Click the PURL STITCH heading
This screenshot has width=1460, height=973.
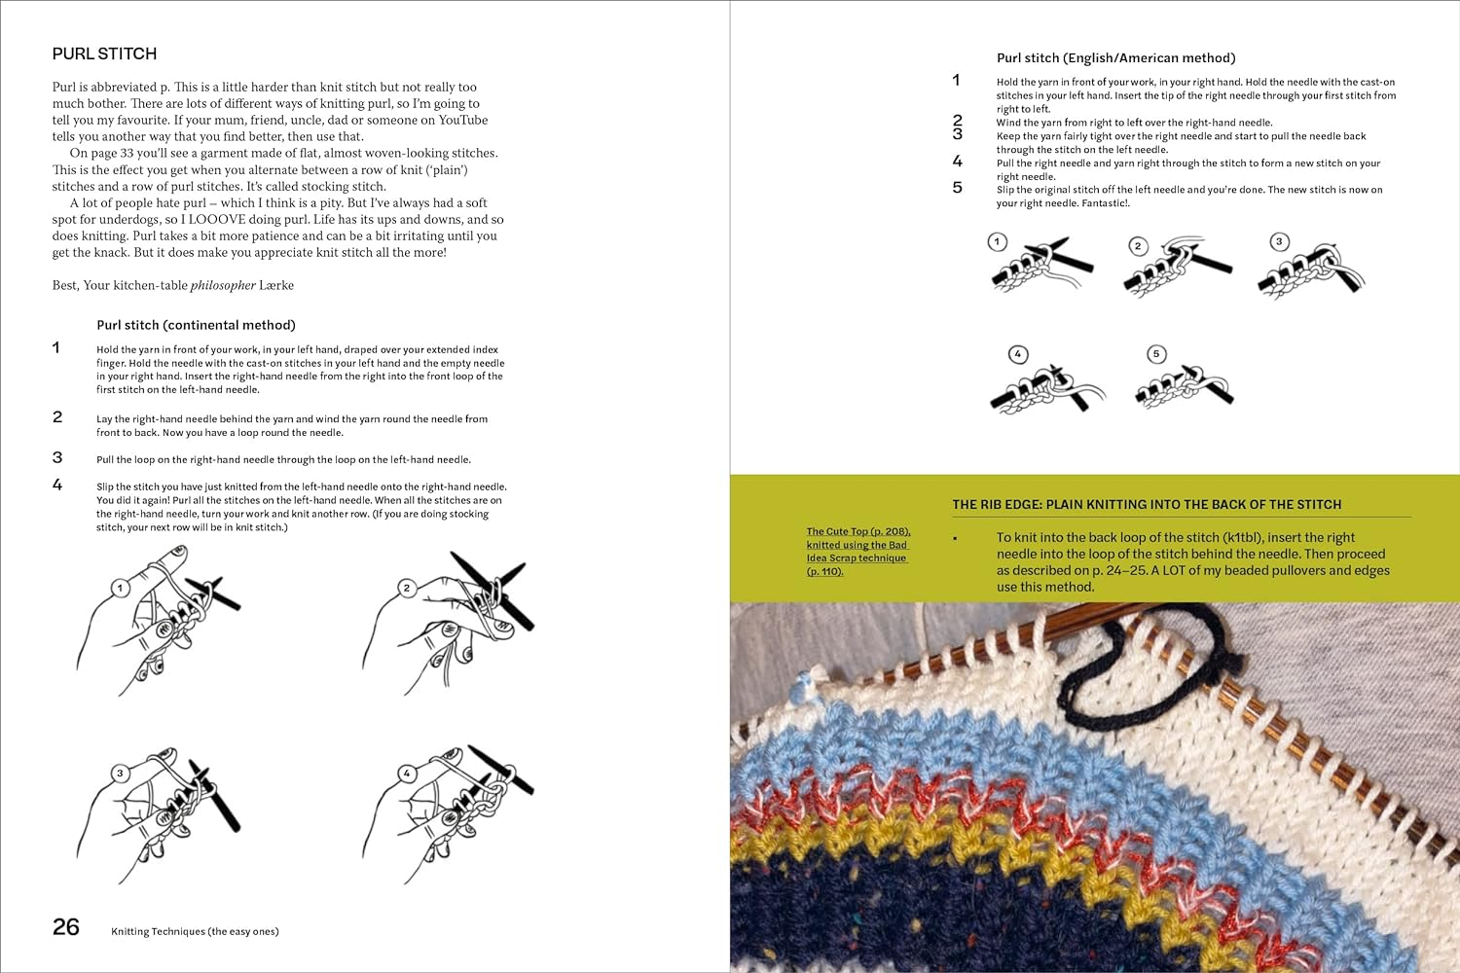click(x=104, y=54)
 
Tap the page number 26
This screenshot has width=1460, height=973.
click(x=66, y=927)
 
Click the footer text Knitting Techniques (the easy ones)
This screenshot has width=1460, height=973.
click(x=195, y=932)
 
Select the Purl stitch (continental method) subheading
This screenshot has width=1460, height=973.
click(x=196, y=325)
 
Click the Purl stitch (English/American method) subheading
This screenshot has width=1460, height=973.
click(x=1115, y=58)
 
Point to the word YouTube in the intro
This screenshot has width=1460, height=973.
click(x=463, y=120)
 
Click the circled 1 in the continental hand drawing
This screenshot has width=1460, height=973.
click(x=120, y=588)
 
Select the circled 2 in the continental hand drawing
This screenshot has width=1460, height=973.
click(x=407, y=588)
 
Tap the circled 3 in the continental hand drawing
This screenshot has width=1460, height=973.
click(x=120, y=774)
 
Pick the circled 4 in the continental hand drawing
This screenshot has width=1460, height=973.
click(x=407, y=774)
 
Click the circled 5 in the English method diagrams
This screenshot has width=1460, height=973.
click(x=1156, y=354)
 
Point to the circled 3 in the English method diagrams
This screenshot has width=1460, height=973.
click(x=1279, y=241)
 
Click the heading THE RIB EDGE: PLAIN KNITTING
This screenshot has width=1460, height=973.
click(x=1147, y=505)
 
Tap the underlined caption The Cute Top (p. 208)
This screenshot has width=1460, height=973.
click(x=858, y=532)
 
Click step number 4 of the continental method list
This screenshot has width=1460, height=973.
click(x=57, y=485)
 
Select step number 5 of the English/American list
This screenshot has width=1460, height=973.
click(x=957, y=188)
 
